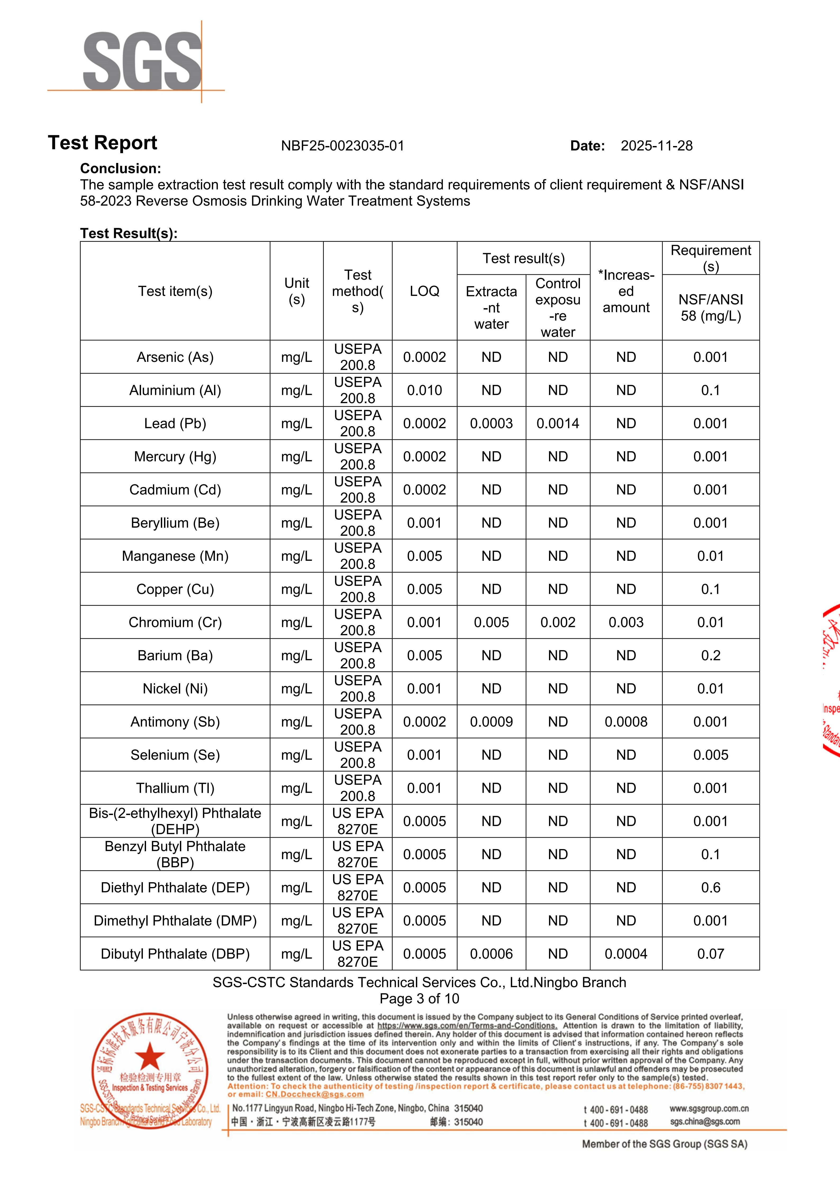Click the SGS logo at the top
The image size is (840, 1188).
click(x=142, y=61)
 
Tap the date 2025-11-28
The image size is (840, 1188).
click(x=656, y=146)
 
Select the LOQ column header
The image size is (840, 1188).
click(x=424, y=291)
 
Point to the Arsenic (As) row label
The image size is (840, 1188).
click(x=175, y=357)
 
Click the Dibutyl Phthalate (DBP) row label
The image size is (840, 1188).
click(x=175, y=954)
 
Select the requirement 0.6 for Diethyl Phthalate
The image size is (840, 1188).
click(x=711, y=887)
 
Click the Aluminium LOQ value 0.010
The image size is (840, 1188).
click(x=424, y=390)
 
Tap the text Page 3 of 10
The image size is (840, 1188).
click(x=419, y=999)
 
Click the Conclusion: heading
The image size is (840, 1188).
click(x=121, y=168)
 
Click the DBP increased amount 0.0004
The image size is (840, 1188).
click(x=626, y=954)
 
